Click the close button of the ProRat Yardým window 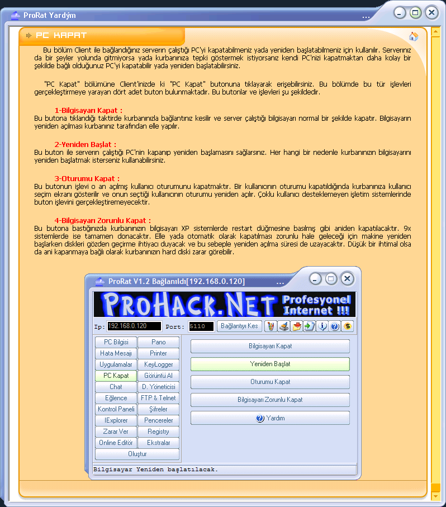(431, 13)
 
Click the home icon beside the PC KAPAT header (414, 37)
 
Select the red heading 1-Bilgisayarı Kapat (88, 111)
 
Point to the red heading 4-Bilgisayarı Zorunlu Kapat (102, 221)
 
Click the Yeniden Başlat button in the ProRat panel (270, 364)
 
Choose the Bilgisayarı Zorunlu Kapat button (270, 400)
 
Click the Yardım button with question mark (270, 418)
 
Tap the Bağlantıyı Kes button (239, 326)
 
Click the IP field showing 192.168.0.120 (134, 326)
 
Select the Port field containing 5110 (201, 326)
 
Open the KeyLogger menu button (159, 364)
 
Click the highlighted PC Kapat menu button (116, 376)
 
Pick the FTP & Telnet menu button (159, 398)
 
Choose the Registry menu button (159, 432)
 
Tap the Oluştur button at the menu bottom (137, 454)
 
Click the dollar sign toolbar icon (348, 326)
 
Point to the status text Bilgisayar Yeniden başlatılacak (156, 470)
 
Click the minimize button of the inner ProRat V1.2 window (316, 278)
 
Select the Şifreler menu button (159, 409)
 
